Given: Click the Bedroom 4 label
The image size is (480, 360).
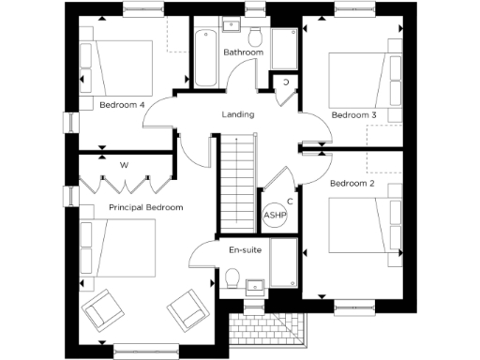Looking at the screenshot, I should click(122, 105).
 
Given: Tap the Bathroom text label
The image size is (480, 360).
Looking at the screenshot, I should click(242, 52).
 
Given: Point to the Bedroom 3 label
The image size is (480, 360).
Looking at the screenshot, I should click(353, 114).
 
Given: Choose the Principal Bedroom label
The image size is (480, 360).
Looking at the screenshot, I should click(145, 206).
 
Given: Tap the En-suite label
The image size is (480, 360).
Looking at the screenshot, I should click(245, 250).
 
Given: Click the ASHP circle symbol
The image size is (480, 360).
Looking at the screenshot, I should click(275, 215).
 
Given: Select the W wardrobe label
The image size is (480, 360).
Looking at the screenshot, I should click(124, 166).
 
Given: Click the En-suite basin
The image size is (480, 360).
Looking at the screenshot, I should click(253, 286).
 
